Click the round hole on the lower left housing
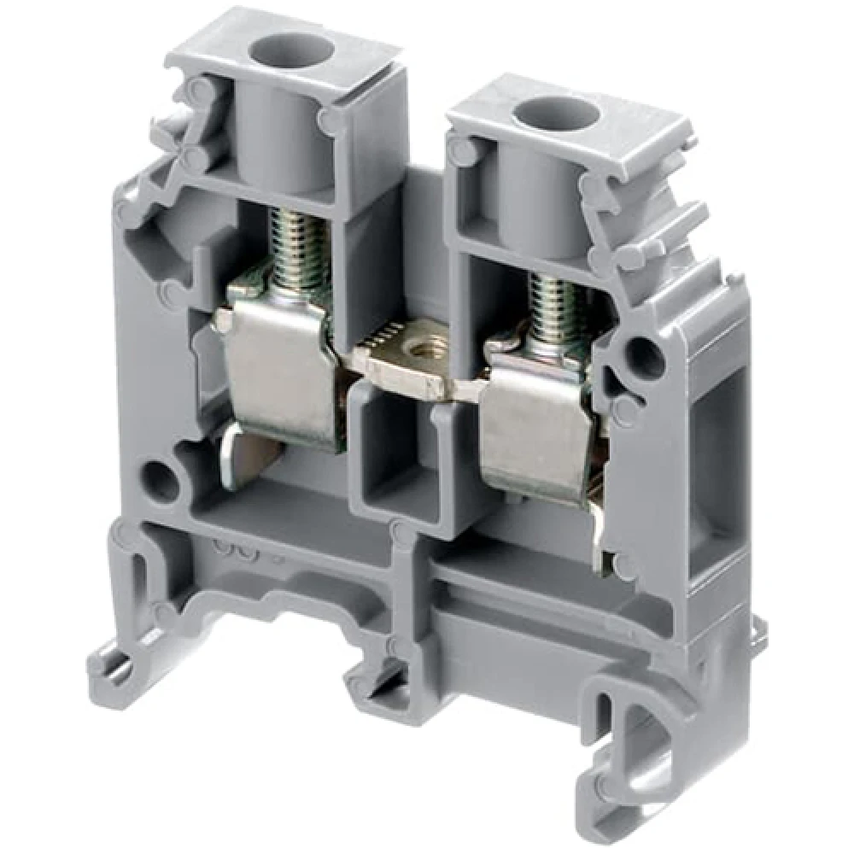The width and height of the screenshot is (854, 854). point(160,478)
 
